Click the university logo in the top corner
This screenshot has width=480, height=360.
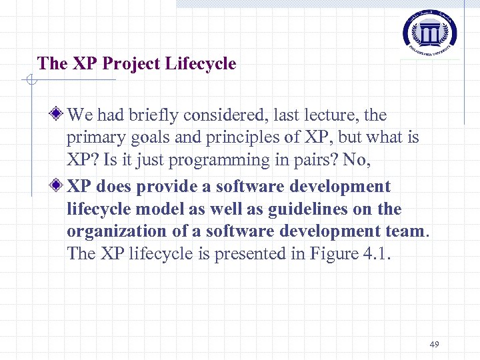pyautogui.click(x=430, y=31)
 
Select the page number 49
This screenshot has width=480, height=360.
pyautogui.click(x=435, y=344)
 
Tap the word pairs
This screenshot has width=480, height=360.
pyautogui.click(x=316, y=161)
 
